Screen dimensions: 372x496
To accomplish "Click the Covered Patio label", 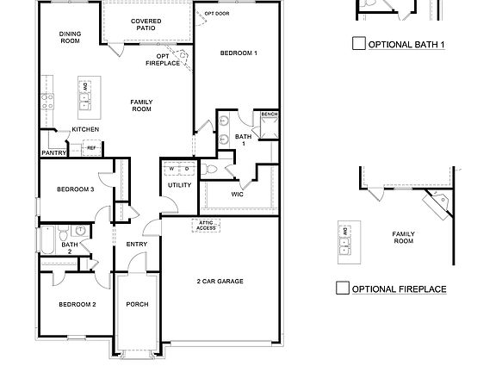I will pos(146,25).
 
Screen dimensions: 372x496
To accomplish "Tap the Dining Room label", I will pos(70,37).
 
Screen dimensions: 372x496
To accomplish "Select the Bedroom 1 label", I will pos(239,53).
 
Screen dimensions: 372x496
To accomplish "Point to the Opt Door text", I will pos(216,14).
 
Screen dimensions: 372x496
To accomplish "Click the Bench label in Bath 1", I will pos(269,115).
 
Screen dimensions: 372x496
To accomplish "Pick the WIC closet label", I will pos(239,194).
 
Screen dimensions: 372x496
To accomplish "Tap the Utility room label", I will pos(179,185).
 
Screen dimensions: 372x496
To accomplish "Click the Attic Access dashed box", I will pos(207,226).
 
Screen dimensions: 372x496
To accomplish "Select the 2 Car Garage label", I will pos(220,282).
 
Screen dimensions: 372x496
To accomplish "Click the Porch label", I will pos(138,304).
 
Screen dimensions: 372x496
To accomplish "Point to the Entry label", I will pos(136,245).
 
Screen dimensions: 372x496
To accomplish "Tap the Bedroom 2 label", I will pos(77,305).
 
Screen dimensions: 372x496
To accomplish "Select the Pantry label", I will pos(53,153).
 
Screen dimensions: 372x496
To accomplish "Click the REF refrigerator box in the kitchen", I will pos(90,148).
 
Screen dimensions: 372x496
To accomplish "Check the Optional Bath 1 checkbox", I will pos(358,44).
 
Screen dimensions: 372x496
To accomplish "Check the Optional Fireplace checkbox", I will pos(343,288).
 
